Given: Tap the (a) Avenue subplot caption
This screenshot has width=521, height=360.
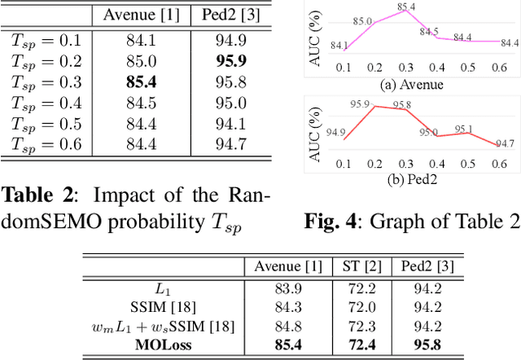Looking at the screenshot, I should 412,83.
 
